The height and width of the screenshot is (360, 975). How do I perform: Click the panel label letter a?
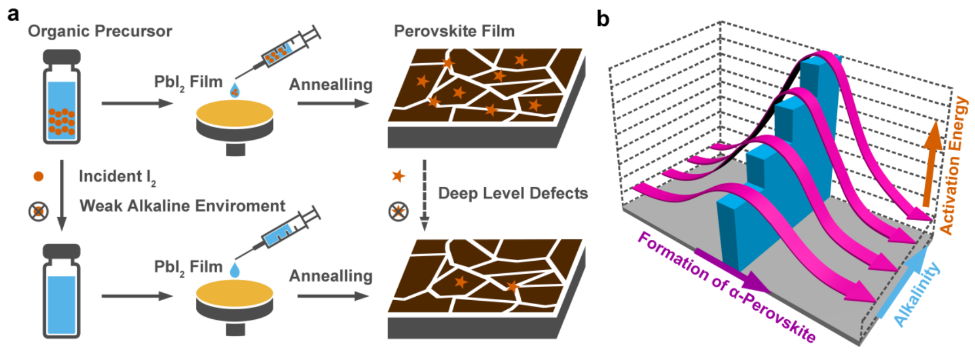(x=13, y=14)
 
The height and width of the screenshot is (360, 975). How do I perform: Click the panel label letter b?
(x=603, y=20)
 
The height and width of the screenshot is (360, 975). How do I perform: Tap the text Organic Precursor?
(x=100, y=31)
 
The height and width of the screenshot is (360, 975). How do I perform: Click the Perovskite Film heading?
(x=454, y=31)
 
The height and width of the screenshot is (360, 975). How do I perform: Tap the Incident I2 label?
(x=117, y=177)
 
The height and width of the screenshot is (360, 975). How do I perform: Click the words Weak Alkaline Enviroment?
(x=182, y=206)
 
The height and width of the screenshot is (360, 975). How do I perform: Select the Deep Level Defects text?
(x=513, y=194)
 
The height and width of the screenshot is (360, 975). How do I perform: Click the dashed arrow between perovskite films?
(x=424, y=195)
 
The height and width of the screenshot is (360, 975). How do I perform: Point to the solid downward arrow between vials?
(x=62, y=195)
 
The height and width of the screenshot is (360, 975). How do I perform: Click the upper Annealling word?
(x=331, y=85)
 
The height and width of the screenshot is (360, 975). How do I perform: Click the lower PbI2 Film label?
(x=188, y=267)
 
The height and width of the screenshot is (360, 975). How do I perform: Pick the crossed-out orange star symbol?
(x=398, y=212)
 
